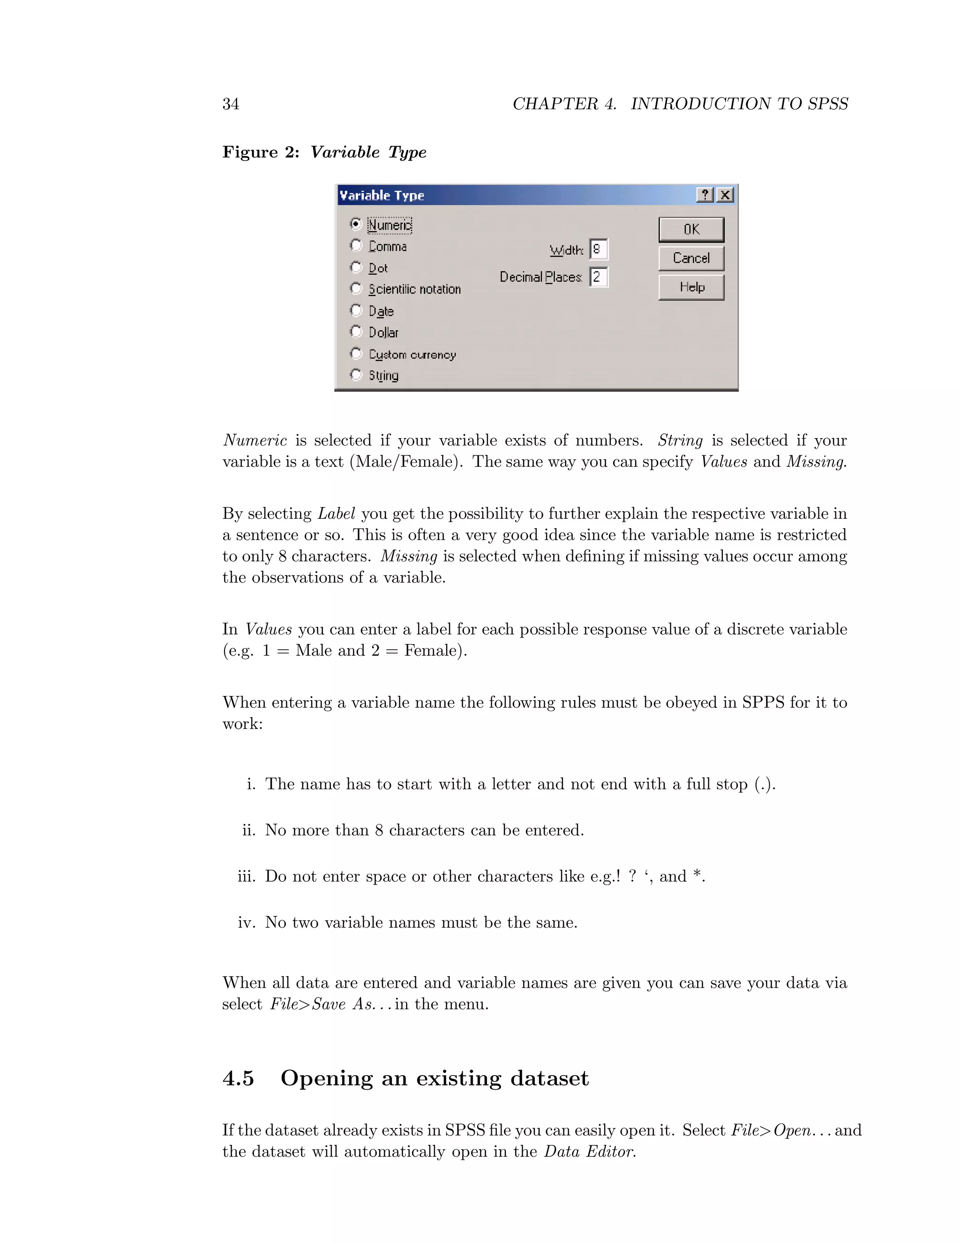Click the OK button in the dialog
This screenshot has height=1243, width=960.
click(691, 229)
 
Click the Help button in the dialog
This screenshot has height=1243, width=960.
click(691, 288)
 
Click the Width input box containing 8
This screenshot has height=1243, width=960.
click(598, 249)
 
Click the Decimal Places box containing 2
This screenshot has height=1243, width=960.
click(598, 277)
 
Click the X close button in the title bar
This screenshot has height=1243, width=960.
click(725, 195)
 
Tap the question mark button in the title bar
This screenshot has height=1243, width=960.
click(705, 195)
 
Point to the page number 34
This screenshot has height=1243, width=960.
click(230, 104)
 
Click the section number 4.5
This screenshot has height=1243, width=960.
click(238, 1078)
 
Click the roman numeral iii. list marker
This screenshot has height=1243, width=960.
click(246, 876)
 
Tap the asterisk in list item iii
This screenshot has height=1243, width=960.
click(697, 874)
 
